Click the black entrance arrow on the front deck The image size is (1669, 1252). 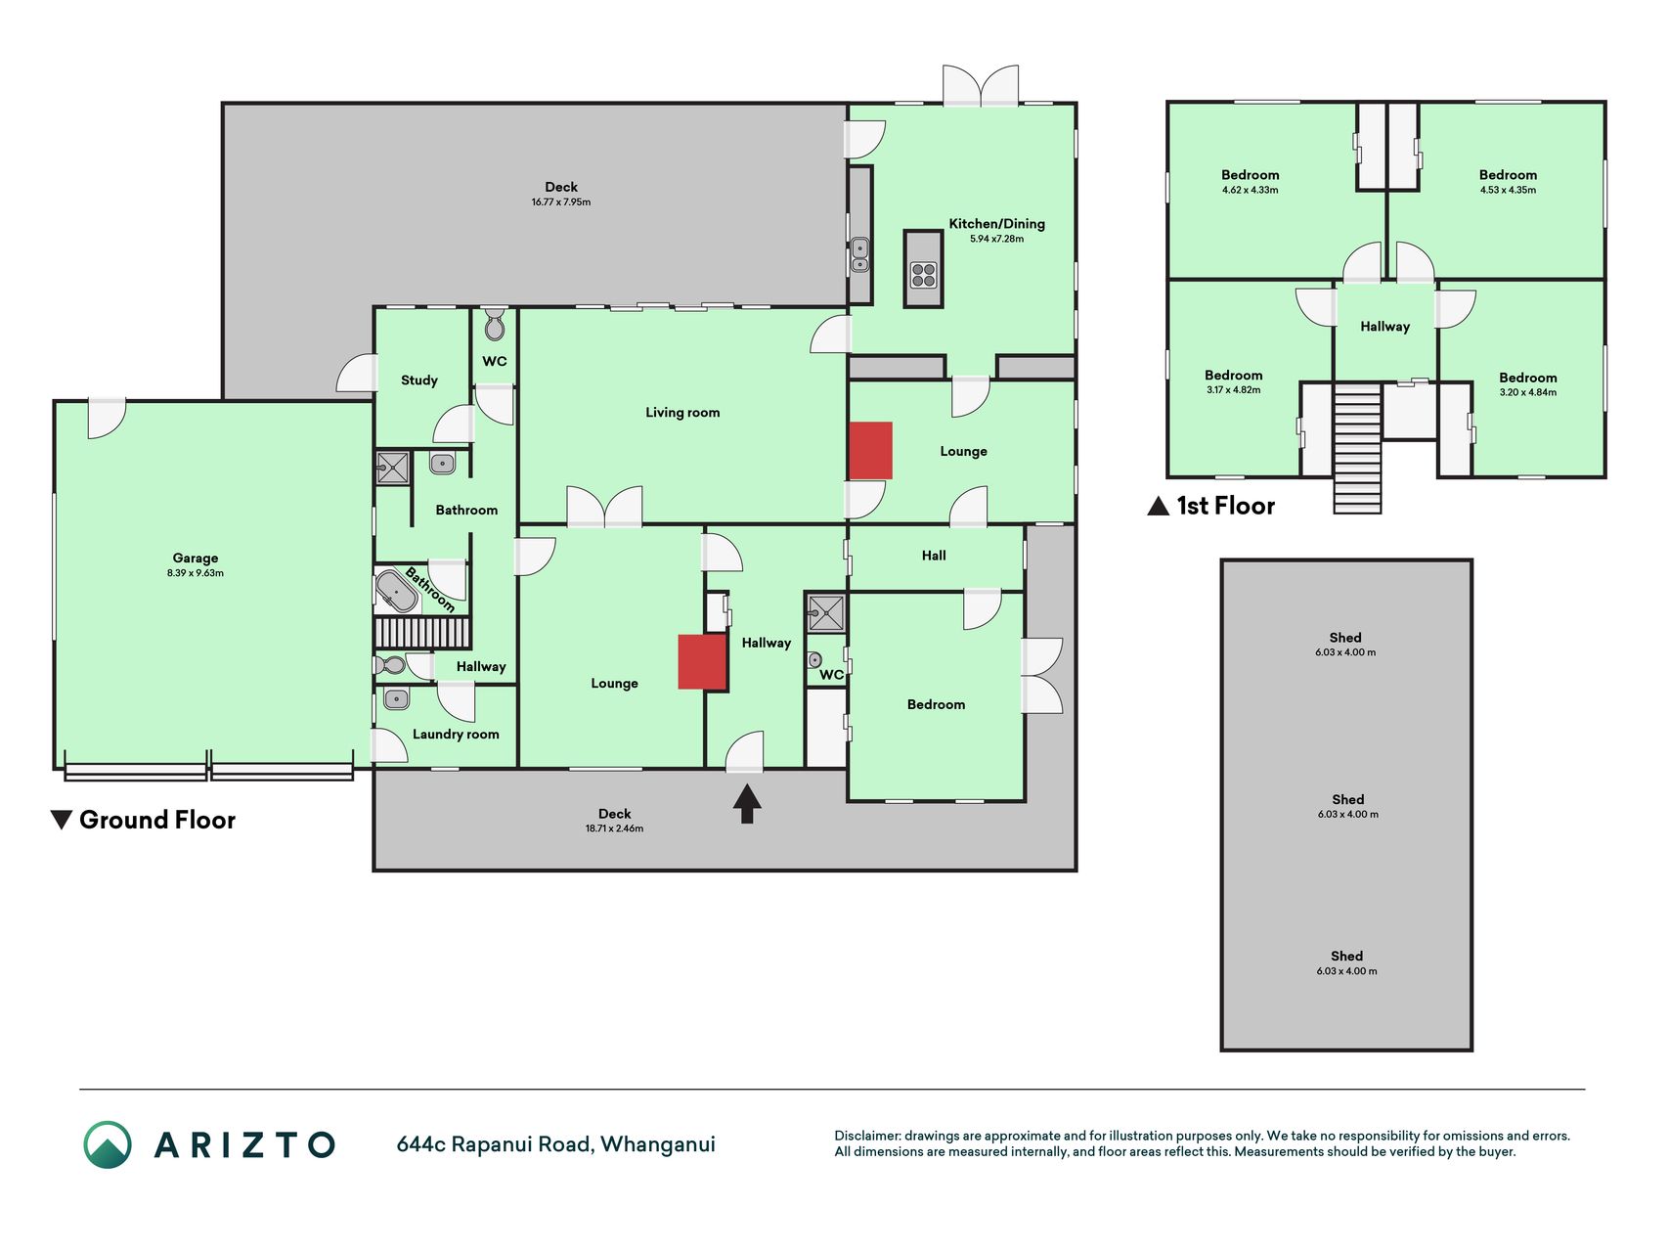coord(747,804)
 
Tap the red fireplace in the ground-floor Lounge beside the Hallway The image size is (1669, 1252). coord(703,662)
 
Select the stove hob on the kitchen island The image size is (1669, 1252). coord(923,275)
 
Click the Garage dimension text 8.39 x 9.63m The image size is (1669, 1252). coord(196,573)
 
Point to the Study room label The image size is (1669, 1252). coord(419,380)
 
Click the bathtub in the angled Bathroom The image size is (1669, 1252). coord(396,592)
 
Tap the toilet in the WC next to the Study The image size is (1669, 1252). coord(495,324)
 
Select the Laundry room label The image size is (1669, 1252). coord(456,735)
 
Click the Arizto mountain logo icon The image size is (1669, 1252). coord(108,1144)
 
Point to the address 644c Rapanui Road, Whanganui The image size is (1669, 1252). coord(555,1144)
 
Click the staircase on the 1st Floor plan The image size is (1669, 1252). coord(1357,447)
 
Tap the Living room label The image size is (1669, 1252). coord(682,413)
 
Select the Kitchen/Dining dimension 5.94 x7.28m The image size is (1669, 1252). coord(996,239)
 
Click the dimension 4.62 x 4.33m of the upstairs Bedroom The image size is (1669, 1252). coord(1250,190)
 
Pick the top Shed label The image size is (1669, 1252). coord(1345,638)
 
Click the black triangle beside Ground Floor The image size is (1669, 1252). coord(62,820)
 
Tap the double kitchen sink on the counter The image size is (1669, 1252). coord(859,254)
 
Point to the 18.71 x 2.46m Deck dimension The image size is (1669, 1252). coord(614,828)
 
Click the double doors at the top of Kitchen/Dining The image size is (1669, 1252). coord(981,85)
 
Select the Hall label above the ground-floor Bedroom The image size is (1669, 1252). coord(934,556)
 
